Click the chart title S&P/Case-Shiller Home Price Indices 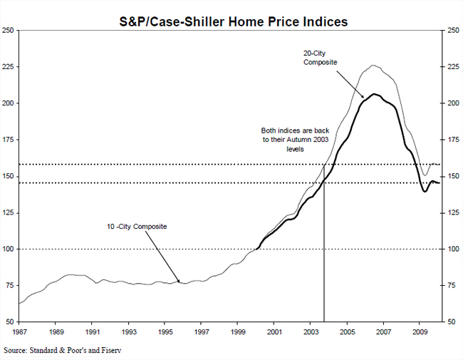(x=233, y=22)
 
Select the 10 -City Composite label (x=135, y=227)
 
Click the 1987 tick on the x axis (x=19, y=332)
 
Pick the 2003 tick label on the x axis (x=311, y=332)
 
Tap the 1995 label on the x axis (x=165, y=332)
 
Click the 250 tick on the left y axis (x=9, y=31)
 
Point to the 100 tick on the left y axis (x=9, y=250)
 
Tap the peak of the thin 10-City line (x=373, y=65)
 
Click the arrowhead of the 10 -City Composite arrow (x=180, y=282)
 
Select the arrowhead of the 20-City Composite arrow (x=365, y=97)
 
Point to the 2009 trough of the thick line (x=425, y=192)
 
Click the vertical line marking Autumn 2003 (x=325, y=250)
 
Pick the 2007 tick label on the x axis (x=383, y=332)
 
